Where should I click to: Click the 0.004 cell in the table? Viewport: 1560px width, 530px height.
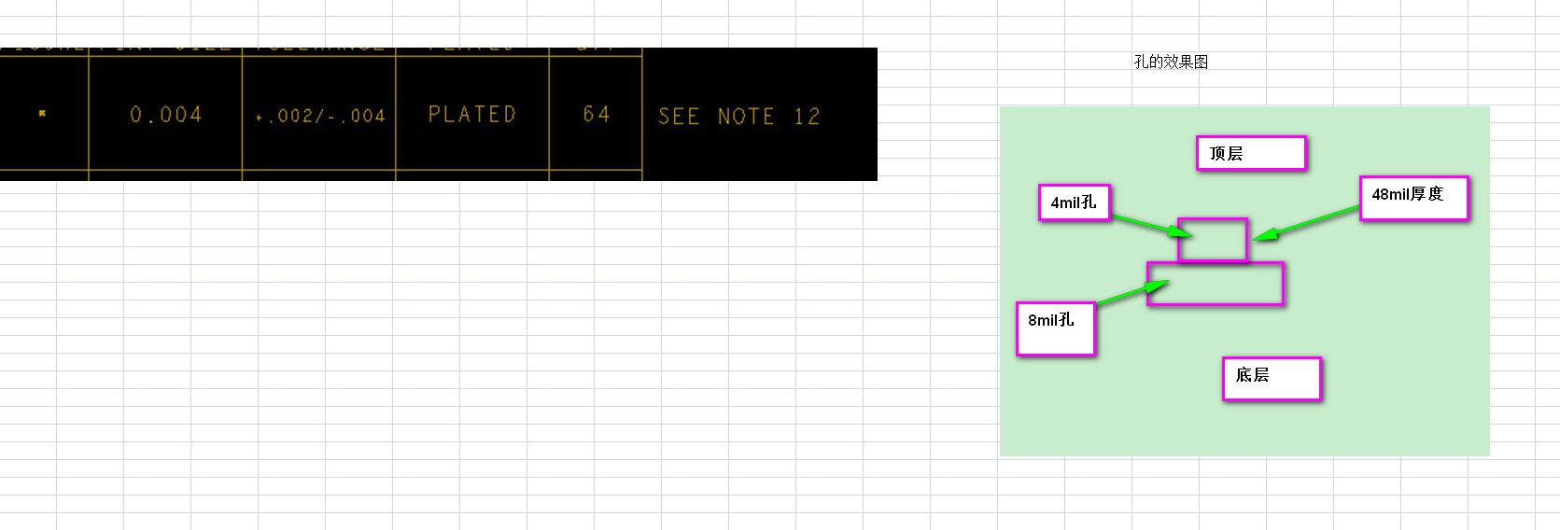[165, 115]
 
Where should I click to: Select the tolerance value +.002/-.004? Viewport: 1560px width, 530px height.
[319, 116]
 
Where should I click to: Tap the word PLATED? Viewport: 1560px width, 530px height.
[471, 114]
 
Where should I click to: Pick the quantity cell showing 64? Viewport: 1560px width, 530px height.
[596, 114]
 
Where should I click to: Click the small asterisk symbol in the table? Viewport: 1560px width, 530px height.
[42, 113]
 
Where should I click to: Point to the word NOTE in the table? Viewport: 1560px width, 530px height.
[745, 117]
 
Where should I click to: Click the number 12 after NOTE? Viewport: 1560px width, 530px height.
[807, 117]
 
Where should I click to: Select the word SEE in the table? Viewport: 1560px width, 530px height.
[678, 117]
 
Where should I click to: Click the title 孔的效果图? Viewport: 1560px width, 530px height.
[1171, 62]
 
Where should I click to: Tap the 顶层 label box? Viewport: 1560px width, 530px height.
[1250, 153]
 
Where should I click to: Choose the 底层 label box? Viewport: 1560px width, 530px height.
[1272, 378]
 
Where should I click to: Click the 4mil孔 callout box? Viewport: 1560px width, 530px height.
[1074, 202]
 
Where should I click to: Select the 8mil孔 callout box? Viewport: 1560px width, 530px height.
[1055, 328]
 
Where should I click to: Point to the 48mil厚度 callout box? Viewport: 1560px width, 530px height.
[1413, 198]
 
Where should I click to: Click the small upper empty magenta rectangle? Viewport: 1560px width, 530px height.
[1212, 240]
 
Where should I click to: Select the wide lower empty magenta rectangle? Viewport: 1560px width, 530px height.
[1216, 284]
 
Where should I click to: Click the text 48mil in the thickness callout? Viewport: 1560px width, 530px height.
[1390, 194]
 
